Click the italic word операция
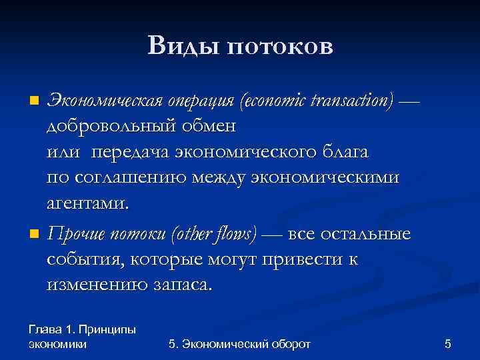(200, 101)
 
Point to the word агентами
(86, 203)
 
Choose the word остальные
(365, 235)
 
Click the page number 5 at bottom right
(448, 344)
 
